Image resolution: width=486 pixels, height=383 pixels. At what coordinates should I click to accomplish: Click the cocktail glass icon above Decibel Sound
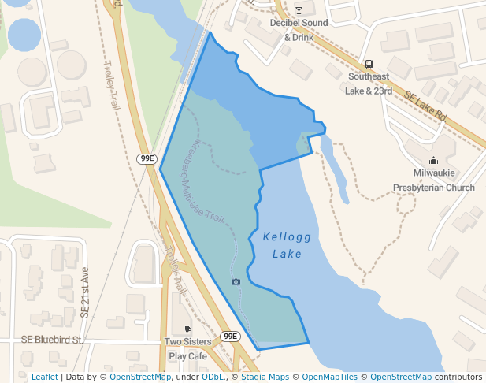pyautogui.click(x=299, y=10)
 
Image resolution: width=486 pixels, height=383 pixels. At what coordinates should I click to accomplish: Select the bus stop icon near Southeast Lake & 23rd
pyautogui.click(x=369, y=64)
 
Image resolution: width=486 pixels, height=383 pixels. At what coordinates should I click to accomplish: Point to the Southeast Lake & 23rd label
pyautogui.click(x=369, y=84)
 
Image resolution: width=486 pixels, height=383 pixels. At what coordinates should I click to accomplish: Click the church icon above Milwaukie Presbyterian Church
pyautogui.click(x=434, y=160)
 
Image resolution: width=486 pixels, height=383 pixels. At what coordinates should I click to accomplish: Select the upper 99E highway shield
pyautogui.click(x=147, y=158)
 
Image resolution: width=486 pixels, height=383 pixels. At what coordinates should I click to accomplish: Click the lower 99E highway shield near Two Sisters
pyautogui.click(x=229, y=336)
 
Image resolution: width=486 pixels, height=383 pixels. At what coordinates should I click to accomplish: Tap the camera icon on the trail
pyautogui.click(x=236, y=281)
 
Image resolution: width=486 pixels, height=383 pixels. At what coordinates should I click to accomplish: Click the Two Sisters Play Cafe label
pyautogui.click(x=187, y=349)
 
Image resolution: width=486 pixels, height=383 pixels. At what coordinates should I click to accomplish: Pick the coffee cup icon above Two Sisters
pyautogui.click(x=187, y=329)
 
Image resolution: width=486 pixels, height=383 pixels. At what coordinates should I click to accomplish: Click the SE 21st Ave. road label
pyautogui.click(x=85, y=292)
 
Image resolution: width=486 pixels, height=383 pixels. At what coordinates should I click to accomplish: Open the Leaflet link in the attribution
pyautogui.click(x=44, y=377)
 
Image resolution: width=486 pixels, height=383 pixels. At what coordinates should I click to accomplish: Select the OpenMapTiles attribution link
pyautogui.click(x=329, y=377)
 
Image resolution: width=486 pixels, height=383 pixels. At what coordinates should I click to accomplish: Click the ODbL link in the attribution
pyautogui.click(x=213, y=377)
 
